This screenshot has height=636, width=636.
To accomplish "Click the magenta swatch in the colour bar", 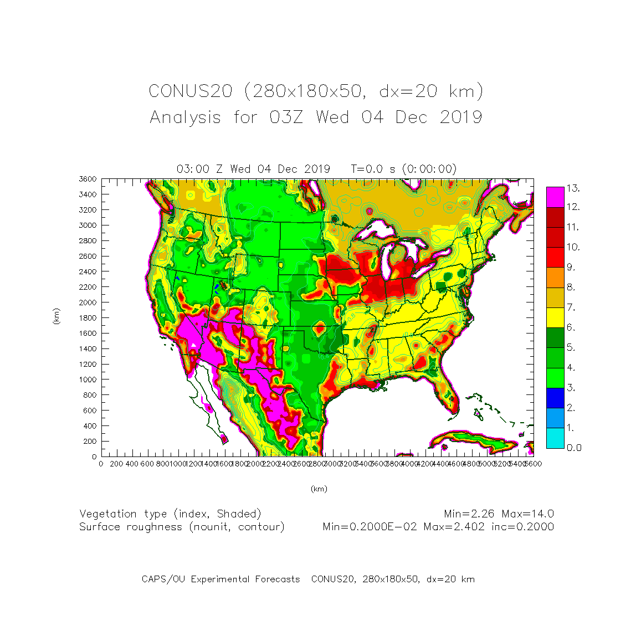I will click(x=555, y=197).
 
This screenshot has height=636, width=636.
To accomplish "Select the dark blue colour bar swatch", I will click(x=555, y=397).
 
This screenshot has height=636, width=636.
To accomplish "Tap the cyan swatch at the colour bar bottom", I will click(x=555, y=438).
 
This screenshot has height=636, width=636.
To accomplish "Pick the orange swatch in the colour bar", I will click(x=555, y=277).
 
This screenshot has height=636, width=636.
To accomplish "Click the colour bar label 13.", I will click(x=573, y=188).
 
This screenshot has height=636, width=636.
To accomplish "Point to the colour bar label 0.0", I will click(x=574, y=448).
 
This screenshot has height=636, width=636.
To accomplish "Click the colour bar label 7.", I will click(x=571, y=307).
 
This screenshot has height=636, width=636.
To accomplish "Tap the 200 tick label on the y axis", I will click(x=91, y=442).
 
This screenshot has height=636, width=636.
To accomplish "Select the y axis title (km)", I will click(x=56, y=316).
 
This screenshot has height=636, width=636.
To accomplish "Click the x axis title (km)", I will click(x=319, y=489).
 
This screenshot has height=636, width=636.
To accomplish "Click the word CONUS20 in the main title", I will click(x=190, y=91).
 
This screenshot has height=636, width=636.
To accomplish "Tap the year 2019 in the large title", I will click(x=461, y=117).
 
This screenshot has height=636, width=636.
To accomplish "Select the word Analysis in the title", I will click(x=185, y=117).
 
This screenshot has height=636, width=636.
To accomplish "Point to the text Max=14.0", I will click(x=528, y=514).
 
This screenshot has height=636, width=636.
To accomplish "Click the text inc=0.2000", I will click(x=522, y=527).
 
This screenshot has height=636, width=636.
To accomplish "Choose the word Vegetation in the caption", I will click(x=107, y=514).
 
